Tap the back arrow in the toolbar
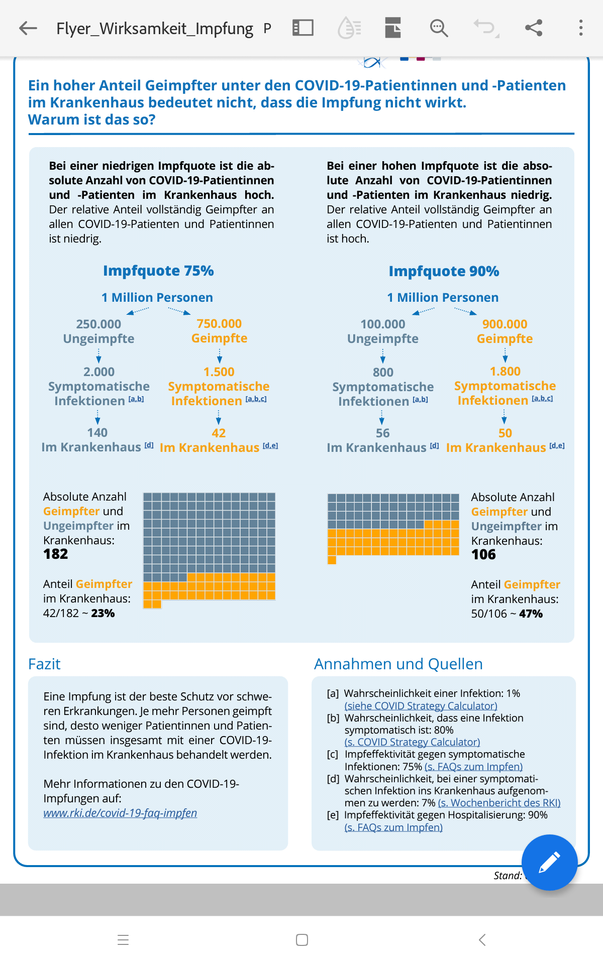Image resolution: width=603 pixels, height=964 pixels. pyautogui.click(x=28, y=28)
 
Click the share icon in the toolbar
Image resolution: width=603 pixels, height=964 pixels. pyautogui.click(x=534, y=28)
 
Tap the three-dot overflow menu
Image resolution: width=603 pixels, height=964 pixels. pyautogui.click(x=581, y=28)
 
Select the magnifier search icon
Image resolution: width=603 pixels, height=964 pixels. pyautogui.click(x=439, y=28)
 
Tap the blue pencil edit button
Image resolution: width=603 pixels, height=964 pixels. pyautogui.click(x=549, y=862)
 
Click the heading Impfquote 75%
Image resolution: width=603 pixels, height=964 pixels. pyautogui.click(x=158, y=271)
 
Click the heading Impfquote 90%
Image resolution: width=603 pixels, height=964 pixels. pyautogui.click(x=444, y=271)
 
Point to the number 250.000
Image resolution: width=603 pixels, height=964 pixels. pyautogui.click(x=98, y=324)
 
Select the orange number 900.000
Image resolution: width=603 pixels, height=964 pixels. pyautogui.click(x=505, y=324)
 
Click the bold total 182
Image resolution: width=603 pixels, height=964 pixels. pyautogui.click(x=56, y=554)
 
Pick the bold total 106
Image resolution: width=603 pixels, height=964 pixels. pyautogui.click(x=483, y=554)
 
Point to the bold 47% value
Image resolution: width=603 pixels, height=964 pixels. pyautogui.click(x=531, y=614)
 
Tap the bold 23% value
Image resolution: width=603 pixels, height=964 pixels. pyautogui.click(x=103, y=613)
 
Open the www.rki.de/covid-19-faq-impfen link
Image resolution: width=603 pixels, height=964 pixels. pyautogui.click(x=120, y=813)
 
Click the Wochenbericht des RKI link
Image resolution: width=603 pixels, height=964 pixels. pyautogui.click(x=499, y=802)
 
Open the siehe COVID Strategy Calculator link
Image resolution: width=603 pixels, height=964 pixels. pyautogui.click(x=421, y=705)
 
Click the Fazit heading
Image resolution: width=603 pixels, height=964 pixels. pyautogui.click(x=44, y=664)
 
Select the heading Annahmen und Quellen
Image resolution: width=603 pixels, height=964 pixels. pyautogui.click(x=398, y=664)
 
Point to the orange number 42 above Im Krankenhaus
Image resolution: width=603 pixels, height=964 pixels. pyautogui.click(x=219, y=433)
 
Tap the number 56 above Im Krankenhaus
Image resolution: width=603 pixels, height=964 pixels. pyautogui.click(x=383, y=433)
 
